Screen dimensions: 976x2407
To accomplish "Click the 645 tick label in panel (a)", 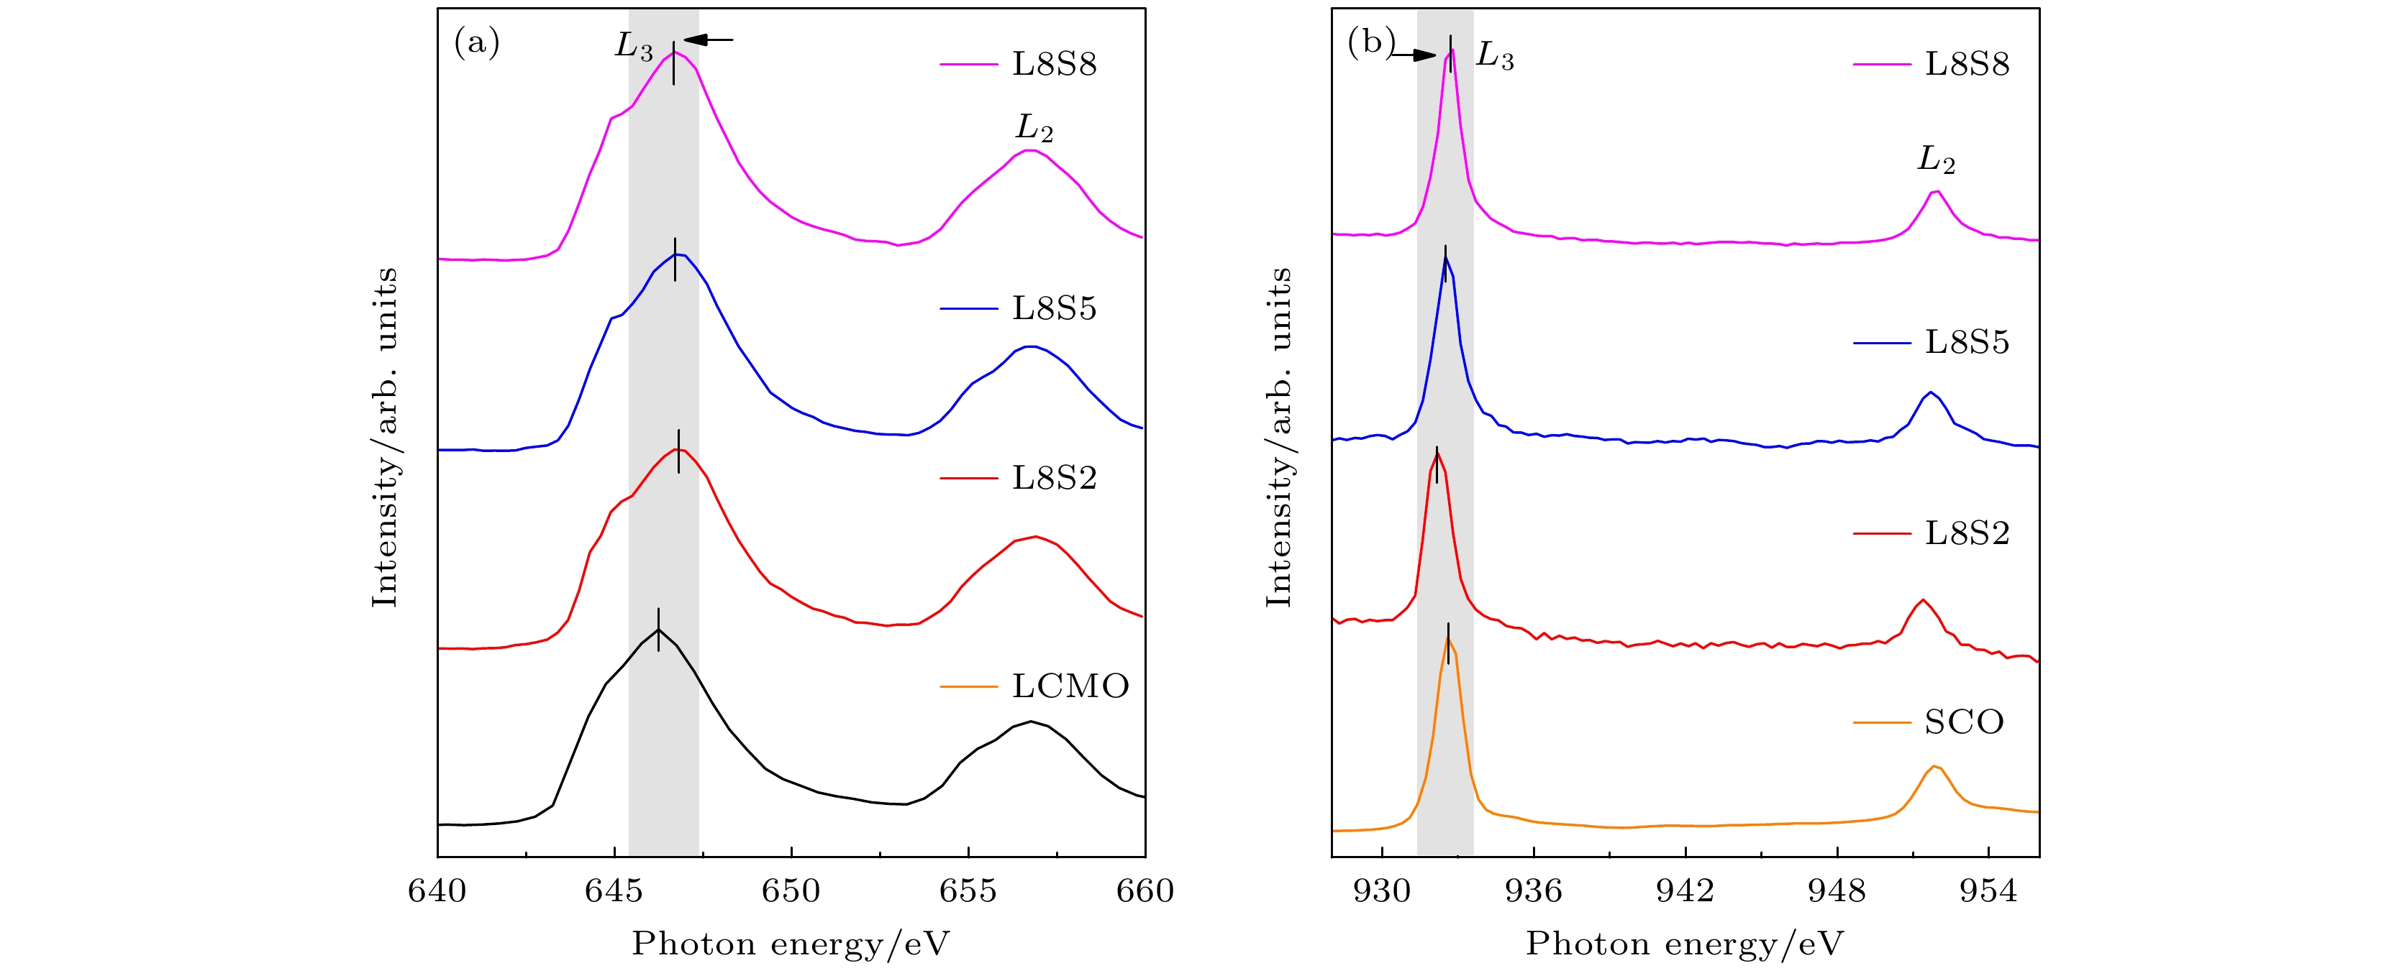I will [x=613, y=891].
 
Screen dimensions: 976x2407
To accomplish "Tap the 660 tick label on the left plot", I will [x=1145, y=891].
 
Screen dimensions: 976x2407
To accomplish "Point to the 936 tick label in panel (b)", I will [x=1534, y=891].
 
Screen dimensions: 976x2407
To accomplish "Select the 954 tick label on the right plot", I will [x=1988, y=891].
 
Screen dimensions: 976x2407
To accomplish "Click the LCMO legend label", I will [x=1070, y=686].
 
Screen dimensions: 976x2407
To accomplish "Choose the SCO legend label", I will [x=1964, y=722].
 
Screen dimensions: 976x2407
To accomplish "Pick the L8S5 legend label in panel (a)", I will [x=1054, y=308].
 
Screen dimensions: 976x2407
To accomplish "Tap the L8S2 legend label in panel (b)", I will [x=1967, y=533].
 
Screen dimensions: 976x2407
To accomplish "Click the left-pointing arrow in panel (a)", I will [x=709, y=40].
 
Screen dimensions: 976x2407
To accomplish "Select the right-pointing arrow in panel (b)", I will [x=1413, y=55].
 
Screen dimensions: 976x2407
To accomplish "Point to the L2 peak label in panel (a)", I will [x=1034, y=128].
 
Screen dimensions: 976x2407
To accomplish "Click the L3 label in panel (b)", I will [x=1494, y=56].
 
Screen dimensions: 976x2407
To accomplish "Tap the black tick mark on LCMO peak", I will [x=659, y=630].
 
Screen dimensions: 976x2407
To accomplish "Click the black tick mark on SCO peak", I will [x=1447, y=643].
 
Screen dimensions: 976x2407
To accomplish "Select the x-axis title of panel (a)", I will [x=791, y=944].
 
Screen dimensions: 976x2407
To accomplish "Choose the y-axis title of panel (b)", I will [x=1278, y=437].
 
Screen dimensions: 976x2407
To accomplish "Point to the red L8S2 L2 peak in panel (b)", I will [x=1922, y=601].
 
